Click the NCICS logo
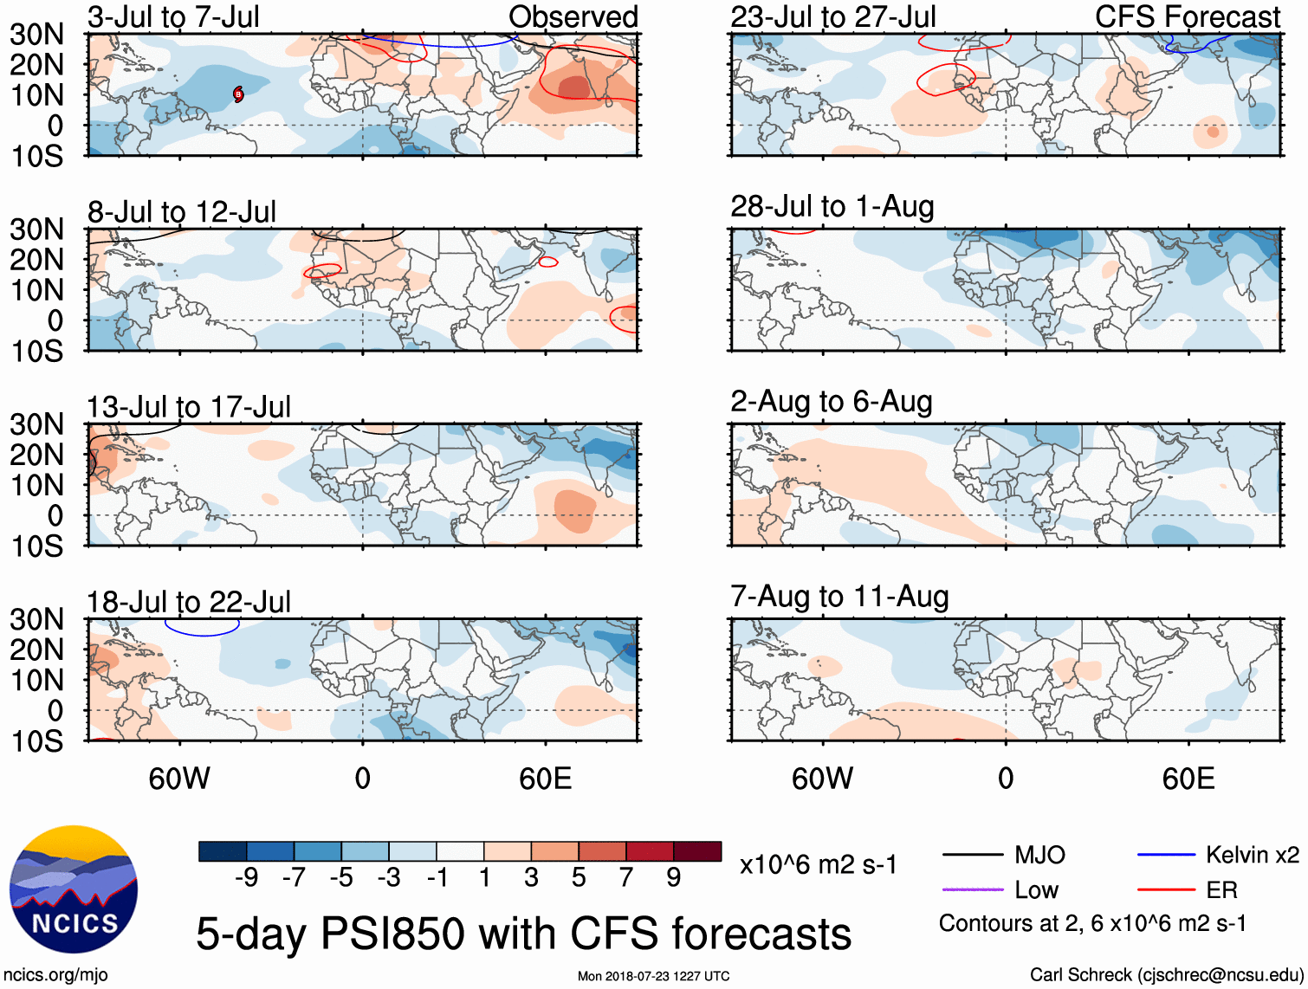click(x=74, y=889)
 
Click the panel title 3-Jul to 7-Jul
click(x=173, y=16)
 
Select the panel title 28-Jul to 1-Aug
click(x=832, y=207)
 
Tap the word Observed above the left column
click(x=573, y=16)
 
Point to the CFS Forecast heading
click(x=1187, y=16)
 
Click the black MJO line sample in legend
click(x=972, y=856)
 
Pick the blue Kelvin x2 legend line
click(x=1166, y=856)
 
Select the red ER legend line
click(x=1166, y=889)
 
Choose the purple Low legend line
click(x=972, y=889)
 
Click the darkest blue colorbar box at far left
click(x=223, y=851)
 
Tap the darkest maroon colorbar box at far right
click(x=697, y=851)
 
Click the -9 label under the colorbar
click(x=247, y=878)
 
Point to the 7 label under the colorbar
click(x=626, y=878)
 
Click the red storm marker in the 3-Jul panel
click(x=238, y=94)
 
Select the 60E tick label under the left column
click(x=545, y=779)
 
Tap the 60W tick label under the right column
click(x=822, y=779)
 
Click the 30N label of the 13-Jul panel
click(x=36, y=424)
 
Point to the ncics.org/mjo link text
click(x=56, y=975)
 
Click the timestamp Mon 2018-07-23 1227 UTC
click(x=653, y=976)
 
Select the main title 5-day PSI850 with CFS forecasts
click(x=524, y=934)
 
